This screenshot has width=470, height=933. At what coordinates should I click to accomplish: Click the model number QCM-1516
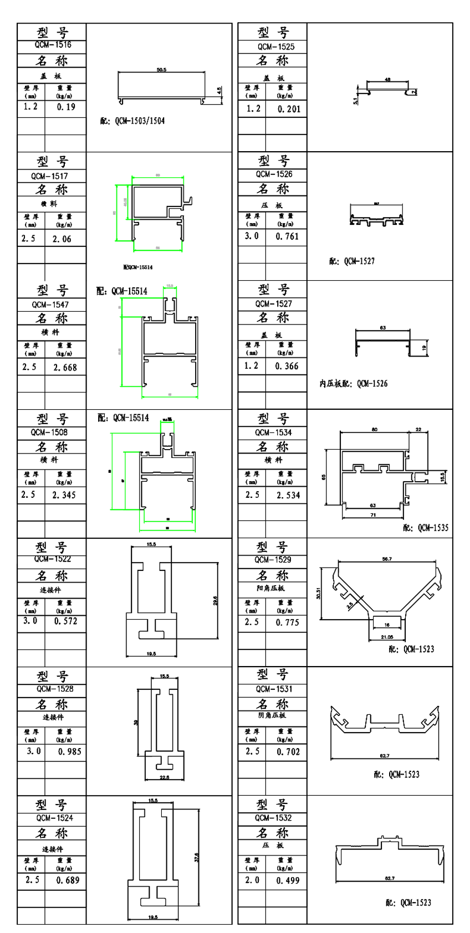pyautogui.click(x=53, y=45)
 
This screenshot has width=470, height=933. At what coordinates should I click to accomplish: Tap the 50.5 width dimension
pyautogui.click(x=161, y=70)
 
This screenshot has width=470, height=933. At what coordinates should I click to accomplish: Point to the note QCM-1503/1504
pyautogui.click(x=140, y=121)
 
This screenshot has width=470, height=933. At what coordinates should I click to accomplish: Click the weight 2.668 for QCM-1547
pyautogui.click(x=65, y=368)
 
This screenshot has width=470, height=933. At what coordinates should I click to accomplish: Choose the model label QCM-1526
pyautogui.click(x=274, y=174)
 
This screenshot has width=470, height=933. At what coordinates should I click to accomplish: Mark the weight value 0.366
pyautogui.click(x=287, y=366)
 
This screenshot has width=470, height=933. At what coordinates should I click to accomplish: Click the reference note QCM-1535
pyautogui.click(x=426, y=528)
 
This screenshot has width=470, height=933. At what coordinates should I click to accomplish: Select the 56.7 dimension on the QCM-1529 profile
pyautogui.click(x=386, y=559)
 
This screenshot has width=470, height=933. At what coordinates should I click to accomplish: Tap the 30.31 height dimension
pyautogui.click(x=319, y=594)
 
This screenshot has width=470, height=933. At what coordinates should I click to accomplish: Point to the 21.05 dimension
pyautogui.click(x=386, y=637)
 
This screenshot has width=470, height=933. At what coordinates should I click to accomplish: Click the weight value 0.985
pyautogui.click(x=69, y=751)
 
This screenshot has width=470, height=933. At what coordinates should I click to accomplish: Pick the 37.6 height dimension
pyautogui.click(x=197, y=857)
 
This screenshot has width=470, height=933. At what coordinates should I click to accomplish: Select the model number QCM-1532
pyautogui.click(x=273, y=818)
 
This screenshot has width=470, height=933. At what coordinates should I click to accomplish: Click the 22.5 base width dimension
pyautogui.click(x=164, y=777)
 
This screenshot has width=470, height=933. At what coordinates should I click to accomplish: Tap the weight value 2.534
pyautogui.click(x=288, y=495)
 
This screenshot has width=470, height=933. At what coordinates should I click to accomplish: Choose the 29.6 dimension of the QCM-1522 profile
pyautogui.click(x=216, y=600)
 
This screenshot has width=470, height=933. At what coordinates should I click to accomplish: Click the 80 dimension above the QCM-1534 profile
pyautogui.click(x=375, y=430)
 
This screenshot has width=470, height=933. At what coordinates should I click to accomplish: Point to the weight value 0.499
pyautogui.click(x=288, y=880)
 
